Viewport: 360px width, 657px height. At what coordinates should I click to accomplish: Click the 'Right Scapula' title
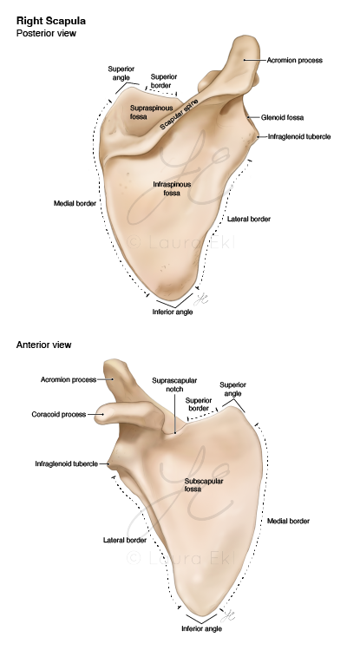51,21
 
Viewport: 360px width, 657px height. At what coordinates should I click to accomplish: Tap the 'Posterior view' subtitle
46,33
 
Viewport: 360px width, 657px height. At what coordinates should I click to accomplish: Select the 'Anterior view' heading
44,345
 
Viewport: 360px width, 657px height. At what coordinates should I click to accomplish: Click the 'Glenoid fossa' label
282,118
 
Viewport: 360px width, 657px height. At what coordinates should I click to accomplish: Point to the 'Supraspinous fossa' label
145,112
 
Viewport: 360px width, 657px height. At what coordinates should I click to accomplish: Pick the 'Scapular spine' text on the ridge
180,113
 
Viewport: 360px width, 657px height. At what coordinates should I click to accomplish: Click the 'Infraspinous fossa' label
172,188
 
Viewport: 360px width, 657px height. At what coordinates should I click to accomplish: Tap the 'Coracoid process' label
59,414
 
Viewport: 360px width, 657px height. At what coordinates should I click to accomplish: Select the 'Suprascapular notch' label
174,384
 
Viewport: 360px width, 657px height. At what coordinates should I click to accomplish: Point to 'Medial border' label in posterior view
75,204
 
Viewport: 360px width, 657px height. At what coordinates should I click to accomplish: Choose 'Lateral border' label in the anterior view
125,541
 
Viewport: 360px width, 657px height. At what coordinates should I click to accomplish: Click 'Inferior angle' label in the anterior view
201,628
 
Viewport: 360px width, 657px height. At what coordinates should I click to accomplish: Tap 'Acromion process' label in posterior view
295,61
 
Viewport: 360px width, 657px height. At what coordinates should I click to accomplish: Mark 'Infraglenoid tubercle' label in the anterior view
66,463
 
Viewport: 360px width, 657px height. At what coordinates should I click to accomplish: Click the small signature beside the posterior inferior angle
201,298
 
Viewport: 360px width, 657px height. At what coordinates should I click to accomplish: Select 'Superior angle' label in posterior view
121,73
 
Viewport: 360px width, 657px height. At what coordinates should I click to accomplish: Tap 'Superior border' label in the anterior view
199,404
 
